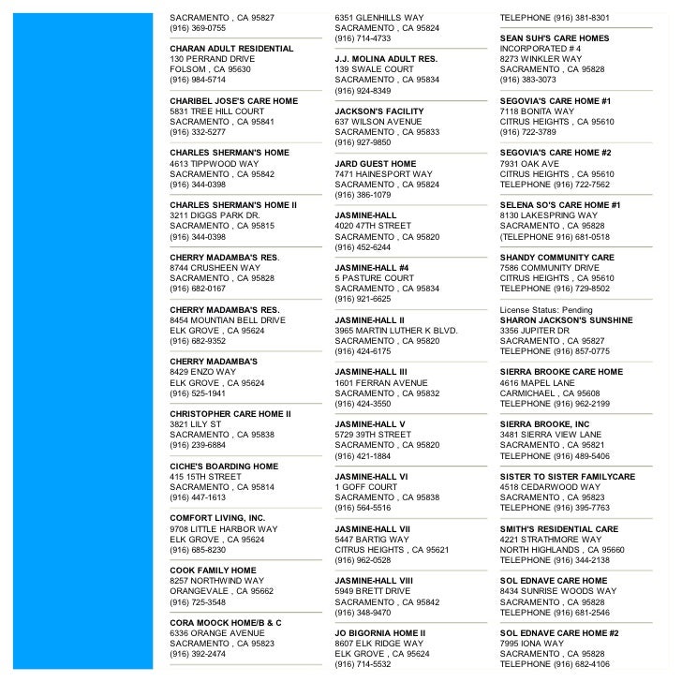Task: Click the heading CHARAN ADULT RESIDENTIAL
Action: pos(231,48)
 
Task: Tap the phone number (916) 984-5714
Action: pos(198,80)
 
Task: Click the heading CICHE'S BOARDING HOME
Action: pos(224,467)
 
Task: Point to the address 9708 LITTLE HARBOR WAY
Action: pos(224,529)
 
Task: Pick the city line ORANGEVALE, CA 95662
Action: pos(222,592)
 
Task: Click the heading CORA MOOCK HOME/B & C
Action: pos(226,623)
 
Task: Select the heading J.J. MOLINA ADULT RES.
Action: pos(386,58)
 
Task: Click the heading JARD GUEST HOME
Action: pos(376,163)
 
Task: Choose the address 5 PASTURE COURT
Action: pos(375,278)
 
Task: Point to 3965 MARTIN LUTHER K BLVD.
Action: pos(396,331)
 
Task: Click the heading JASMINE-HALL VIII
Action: pos(373,581)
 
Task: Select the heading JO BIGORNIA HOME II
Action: pos(380,633)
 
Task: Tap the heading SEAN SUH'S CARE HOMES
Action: pos(555,38)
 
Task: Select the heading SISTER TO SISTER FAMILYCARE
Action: pos(568,477)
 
